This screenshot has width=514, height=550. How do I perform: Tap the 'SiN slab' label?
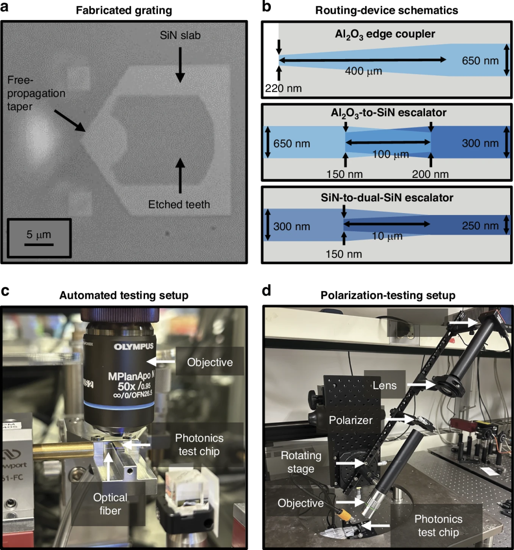pyautogui.click(x=180, y=35)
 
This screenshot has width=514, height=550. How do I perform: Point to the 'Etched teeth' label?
pyautogui.click(x=179, y=205)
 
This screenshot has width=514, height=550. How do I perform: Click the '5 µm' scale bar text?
pyautogui.click(x=39, y=235)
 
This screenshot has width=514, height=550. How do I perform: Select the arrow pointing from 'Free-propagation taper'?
pyautogui.click(x=69, y=120)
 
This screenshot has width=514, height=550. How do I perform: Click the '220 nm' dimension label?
pyautogui.click(x=284, y=88)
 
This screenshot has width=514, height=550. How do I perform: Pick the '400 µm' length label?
pyautogui.click(x=364, y=71)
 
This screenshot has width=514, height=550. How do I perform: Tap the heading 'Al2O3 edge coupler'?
pyautogui.click(x=385, y=34)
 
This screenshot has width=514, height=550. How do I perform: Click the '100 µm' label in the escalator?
pyautogui.click(x=391, y=155)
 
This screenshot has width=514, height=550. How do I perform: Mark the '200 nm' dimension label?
pyautogui.click(x=430, y=174)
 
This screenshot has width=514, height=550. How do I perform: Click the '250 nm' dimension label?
pyautogui.click(x=480, y=226)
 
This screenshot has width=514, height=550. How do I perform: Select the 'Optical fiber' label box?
pyautogui.click(x=110, y=504)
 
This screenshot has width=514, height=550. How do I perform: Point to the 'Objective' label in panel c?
pyautogui.click(x=210, y=362)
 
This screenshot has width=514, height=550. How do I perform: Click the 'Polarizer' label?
pyautogui.click(x=350, y=420)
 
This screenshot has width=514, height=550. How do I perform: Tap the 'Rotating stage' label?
pyautogui.click(x=301, y=462)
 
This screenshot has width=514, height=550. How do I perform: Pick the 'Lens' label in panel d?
pyautogui.click(x=385, y=385)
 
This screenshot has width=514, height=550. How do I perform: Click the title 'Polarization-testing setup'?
pyautogui.click(x=388, y=295)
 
